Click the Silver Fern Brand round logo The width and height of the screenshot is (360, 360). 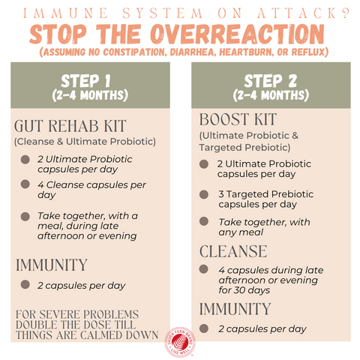pos(180,342)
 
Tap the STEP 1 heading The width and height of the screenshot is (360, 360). pos(85,81)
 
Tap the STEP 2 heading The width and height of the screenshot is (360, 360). pos(271,81)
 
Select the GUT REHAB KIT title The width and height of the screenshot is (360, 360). pos(70,126)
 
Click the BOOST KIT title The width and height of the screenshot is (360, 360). pos(238,119)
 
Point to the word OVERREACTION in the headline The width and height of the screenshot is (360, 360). pos(238,34)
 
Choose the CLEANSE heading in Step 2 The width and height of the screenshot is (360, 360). pos(233,251)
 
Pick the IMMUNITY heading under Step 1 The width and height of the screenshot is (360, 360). pos(52,265)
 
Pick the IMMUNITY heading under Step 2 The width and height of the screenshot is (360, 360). pos(235,309)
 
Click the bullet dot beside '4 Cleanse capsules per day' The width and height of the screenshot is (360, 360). pos(25,184)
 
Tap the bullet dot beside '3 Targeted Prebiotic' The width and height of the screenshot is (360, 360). pos(204,194)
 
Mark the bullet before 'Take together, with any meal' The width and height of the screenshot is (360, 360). pos(204,221)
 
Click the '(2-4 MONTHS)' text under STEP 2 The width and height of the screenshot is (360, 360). pos(271,95)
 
